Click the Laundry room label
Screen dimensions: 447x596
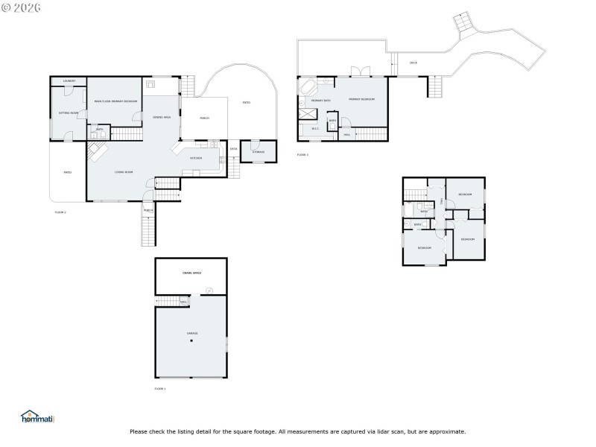click(69, 80)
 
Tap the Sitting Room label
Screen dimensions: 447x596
click(69, 112)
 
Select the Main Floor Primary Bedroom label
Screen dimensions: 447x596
click(115, 101)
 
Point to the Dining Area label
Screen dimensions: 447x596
click(162, 118)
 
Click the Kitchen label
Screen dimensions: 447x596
click(196, 158)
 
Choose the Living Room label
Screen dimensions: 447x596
click(124, 172)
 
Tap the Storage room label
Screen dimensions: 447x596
click(258, 152)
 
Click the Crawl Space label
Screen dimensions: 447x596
click(191, 273)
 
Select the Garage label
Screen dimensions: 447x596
click(191, 333)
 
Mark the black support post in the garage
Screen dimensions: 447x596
click(191, 341)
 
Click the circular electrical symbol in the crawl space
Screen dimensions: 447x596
click(209, 290)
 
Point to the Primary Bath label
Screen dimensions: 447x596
click(311, 100)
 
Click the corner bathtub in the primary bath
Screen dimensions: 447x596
click(307, 86)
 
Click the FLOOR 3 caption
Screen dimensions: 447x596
click(302, 155)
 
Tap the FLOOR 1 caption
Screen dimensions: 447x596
click(160, 389)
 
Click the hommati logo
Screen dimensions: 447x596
click(37, 418)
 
